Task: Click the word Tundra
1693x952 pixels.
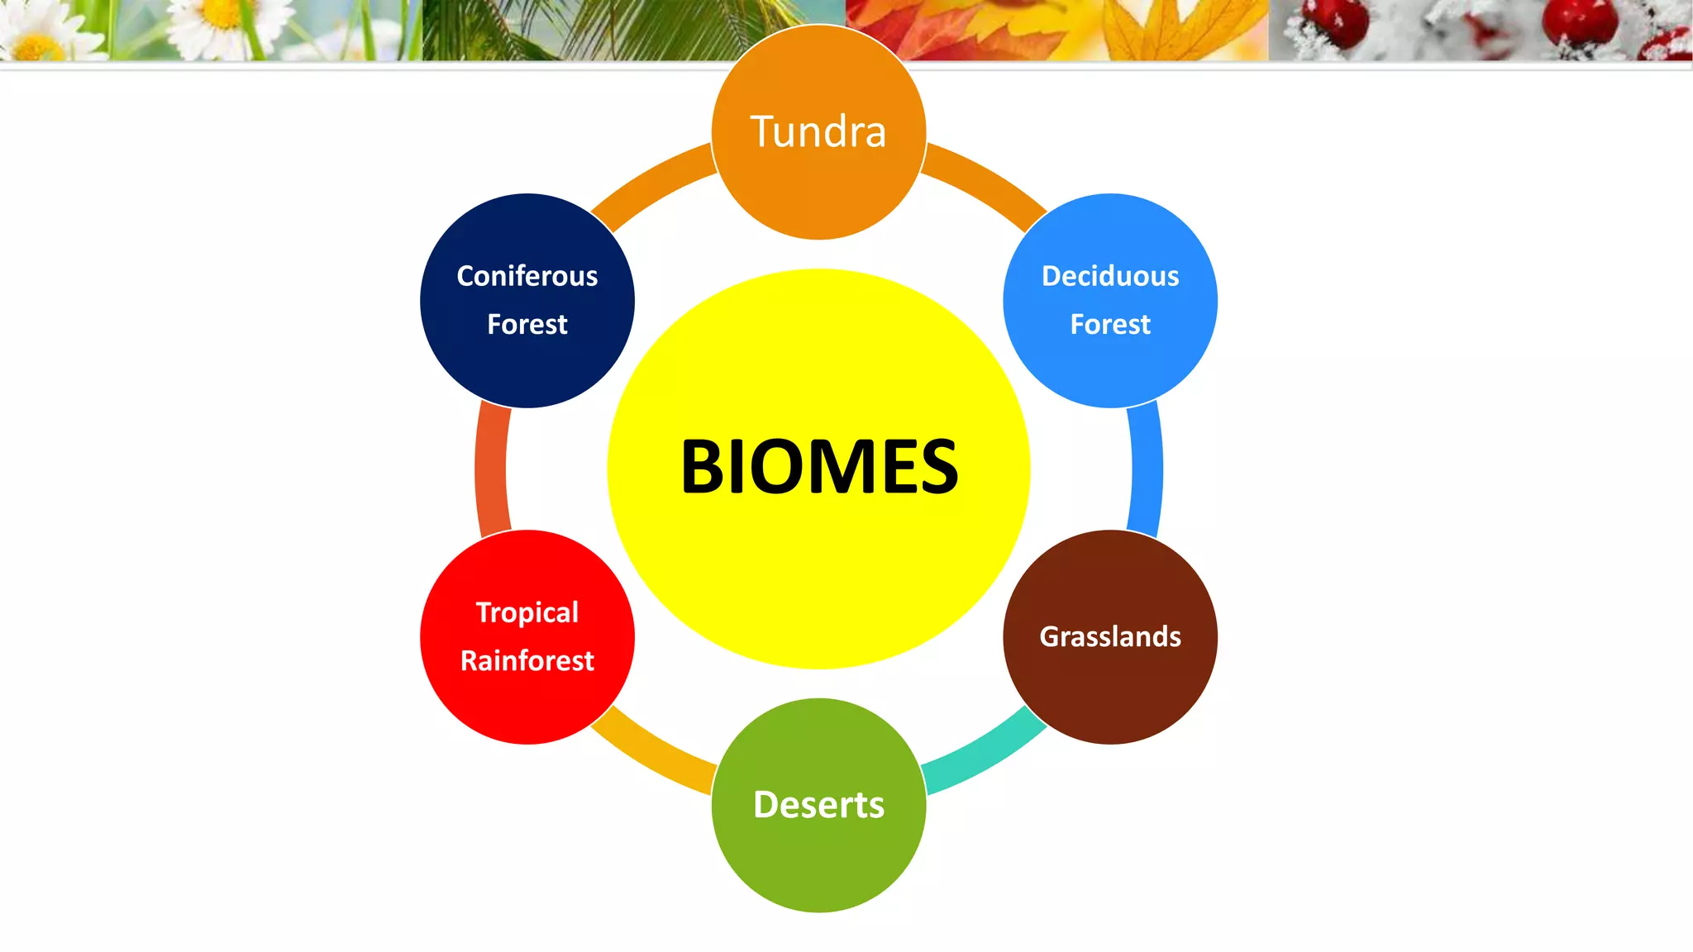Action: (818, 132)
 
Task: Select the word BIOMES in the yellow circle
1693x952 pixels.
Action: (819, 467)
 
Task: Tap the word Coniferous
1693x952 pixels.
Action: (527, 276)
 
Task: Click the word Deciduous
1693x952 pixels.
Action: (1110, 276)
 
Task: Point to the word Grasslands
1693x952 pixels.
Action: (1110, 636)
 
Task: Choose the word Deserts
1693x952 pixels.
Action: (818, 805)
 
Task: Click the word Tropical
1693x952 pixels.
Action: (527, 612)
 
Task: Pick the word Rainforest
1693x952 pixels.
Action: (527, 661)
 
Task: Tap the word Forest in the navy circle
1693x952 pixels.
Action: (527, 324)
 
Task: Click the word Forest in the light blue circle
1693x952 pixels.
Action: (1110, 324)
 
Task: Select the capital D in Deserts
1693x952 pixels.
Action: (767, 804)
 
